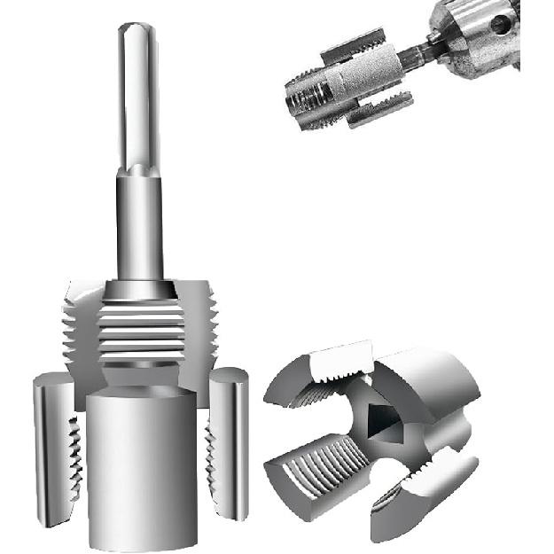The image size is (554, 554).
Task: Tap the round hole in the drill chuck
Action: [500, 24]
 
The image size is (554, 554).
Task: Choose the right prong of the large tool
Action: [229, 443]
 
